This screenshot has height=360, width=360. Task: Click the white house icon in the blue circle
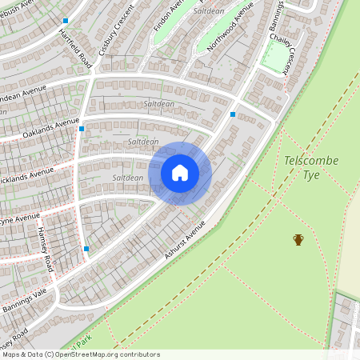[x=180, y=173]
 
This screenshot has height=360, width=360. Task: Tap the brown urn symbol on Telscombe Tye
[x=298, y=239]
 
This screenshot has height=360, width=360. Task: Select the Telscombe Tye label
[x=311, y=168]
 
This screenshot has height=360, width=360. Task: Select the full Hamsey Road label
[x=44, y=247]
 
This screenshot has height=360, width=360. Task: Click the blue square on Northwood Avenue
[x=233, y=114]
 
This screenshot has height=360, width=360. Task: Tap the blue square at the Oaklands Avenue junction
[x=82, y=128]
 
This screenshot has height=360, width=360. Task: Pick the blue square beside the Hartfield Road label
[x=66, y=21]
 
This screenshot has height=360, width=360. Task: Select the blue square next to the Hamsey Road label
[x=86, y=249]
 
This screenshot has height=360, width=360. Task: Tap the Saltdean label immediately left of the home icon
[x=128, y=178]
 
